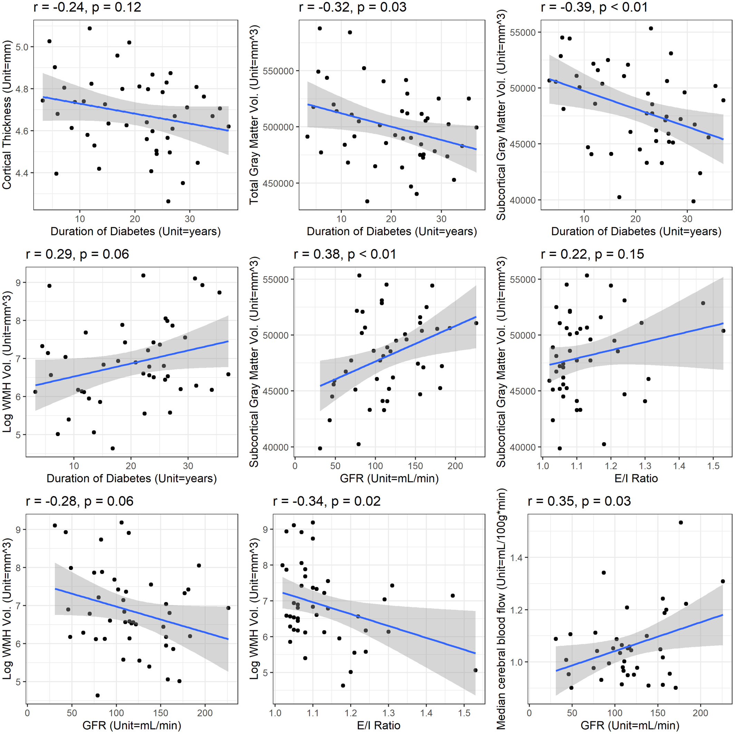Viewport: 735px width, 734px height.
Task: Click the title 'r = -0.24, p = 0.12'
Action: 87,7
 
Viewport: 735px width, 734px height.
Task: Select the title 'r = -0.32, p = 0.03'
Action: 352,7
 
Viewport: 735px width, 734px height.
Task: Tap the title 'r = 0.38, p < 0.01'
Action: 345,254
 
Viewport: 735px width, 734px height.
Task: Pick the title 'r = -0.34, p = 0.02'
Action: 327,501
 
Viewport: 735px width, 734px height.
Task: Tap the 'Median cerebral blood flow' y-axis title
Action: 501,608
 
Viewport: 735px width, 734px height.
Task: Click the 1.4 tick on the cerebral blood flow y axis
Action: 516,558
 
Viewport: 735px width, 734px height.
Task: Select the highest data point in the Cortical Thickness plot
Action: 90,29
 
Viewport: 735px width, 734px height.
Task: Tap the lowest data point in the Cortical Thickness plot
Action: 168,201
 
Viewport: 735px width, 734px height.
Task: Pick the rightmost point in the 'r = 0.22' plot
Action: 723,331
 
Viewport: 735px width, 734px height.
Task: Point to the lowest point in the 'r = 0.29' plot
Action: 113,448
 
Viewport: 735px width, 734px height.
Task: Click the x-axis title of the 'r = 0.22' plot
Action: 636,478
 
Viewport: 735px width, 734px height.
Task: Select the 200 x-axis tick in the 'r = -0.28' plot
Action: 205,713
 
